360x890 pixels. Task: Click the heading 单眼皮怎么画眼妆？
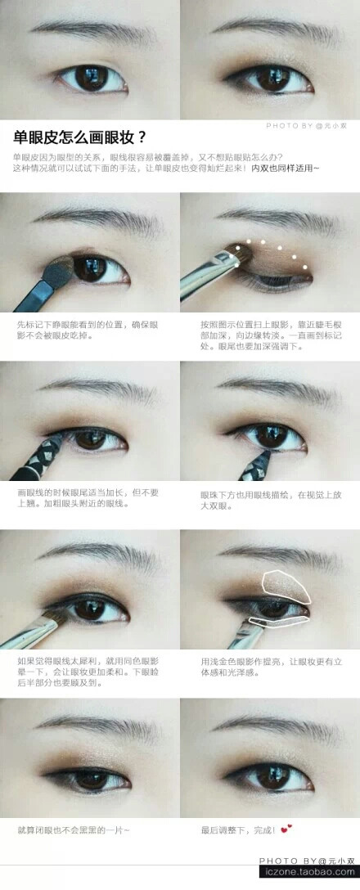pos(80,137)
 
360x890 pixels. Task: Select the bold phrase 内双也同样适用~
pos(286,168)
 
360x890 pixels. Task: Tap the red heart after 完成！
pos(285,829)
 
